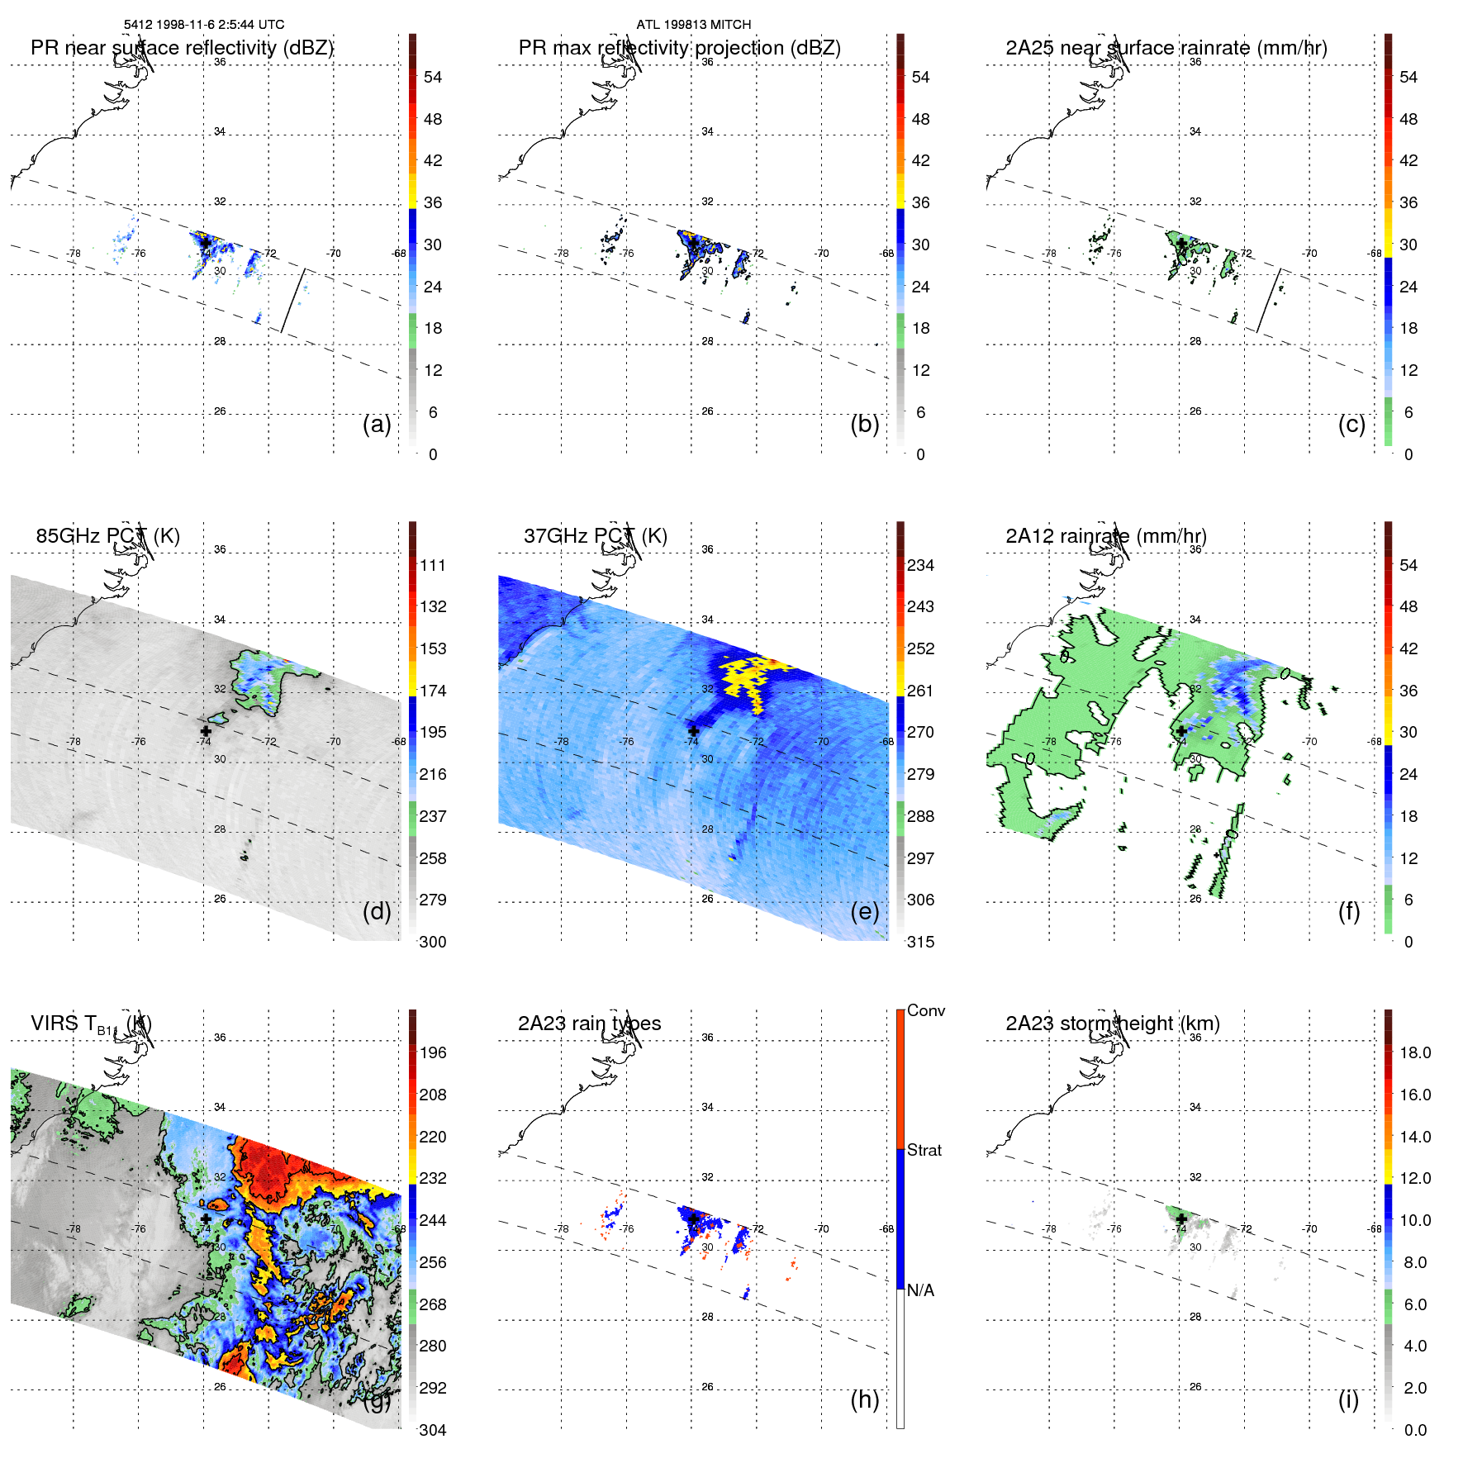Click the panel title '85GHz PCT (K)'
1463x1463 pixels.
(x=107, y=535)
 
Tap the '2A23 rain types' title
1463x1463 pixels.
(x=589, y=1024)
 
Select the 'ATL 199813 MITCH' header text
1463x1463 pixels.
(x=693, y=25)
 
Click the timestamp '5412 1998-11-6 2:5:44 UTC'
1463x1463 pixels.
(x=204, y=25)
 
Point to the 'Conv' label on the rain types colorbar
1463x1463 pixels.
(x=925, y=1010)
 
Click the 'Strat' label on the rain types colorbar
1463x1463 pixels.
(x=924, y=1150)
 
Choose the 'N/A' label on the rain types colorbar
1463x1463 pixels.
(x=920, y=1290)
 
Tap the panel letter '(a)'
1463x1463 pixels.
(x=377, y=424)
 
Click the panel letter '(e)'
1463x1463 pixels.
(x=864, y=911)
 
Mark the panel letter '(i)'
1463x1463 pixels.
(x=1348, y=1399)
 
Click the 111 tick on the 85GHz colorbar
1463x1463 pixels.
(x=432, y=565)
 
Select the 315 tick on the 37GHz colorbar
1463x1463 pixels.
(x=920, y=942)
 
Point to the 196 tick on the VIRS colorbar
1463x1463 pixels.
(x=432, y=1052)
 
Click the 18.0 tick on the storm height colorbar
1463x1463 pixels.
(x=1414, y=1052)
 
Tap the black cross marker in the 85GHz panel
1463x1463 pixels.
(x=206, y=731)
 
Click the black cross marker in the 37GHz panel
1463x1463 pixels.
(x=693, y=731)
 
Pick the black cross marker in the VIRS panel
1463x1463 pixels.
(x=206, y=1218)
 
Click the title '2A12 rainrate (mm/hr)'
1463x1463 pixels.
(x=1105, y=535)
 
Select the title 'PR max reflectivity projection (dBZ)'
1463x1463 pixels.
(x=679, y=48)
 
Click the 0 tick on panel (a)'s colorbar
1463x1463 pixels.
(x=432, y=454)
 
